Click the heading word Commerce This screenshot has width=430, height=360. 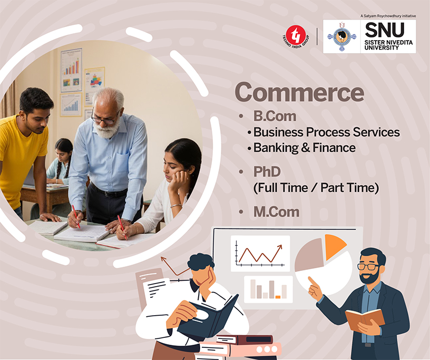(299, 92)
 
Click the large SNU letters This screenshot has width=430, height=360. (385, 30)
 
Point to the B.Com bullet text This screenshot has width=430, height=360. (275, 116)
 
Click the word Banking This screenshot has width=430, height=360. (276, 148)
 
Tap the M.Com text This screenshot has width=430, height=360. (277, 212)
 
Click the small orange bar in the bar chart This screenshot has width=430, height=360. (278, 297)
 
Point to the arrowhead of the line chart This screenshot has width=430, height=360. (280, 247)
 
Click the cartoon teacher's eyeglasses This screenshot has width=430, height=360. (368, 266)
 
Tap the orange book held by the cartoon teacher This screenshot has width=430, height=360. (365, 319)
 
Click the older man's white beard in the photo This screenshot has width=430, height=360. (107, 129)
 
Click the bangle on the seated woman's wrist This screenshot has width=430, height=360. (176, 206)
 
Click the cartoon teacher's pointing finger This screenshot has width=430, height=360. (311, 281)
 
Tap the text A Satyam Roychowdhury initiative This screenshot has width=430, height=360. (388, 16)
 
